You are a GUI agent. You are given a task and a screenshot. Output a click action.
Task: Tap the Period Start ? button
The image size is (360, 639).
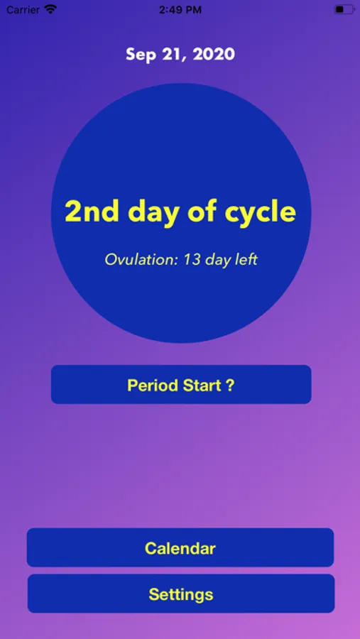(181, 384)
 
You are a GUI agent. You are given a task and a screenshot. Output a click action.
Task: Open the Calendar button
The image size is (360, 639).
(180, 547)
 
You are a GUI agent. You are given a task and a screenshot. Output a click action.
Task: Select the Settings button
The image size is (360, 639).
(181, 594)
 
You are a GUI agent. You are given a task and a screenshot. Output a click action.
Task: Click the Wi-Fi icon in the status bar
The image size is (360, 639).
(50, 9)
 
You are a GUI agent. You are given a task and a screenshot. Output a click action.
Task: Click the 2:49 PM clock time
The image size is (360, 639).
(180, 10)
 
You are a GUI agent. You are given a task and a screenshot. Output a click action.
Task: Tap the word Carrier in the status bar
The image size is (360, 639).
(23, 10)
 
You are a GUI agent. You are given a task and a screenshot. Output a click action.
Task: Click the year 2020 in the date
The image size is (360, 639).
(214, 54)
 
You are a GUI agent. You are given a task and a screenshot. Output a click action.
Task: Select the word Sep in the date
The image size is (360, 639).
(141, 55)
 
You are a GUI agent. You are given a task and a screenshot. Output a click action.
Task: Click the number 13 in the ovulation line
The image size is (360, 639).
(192, 260)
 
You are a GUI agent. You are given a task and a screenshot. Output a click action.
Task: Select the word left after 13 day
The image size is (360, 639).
(246, 260)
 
